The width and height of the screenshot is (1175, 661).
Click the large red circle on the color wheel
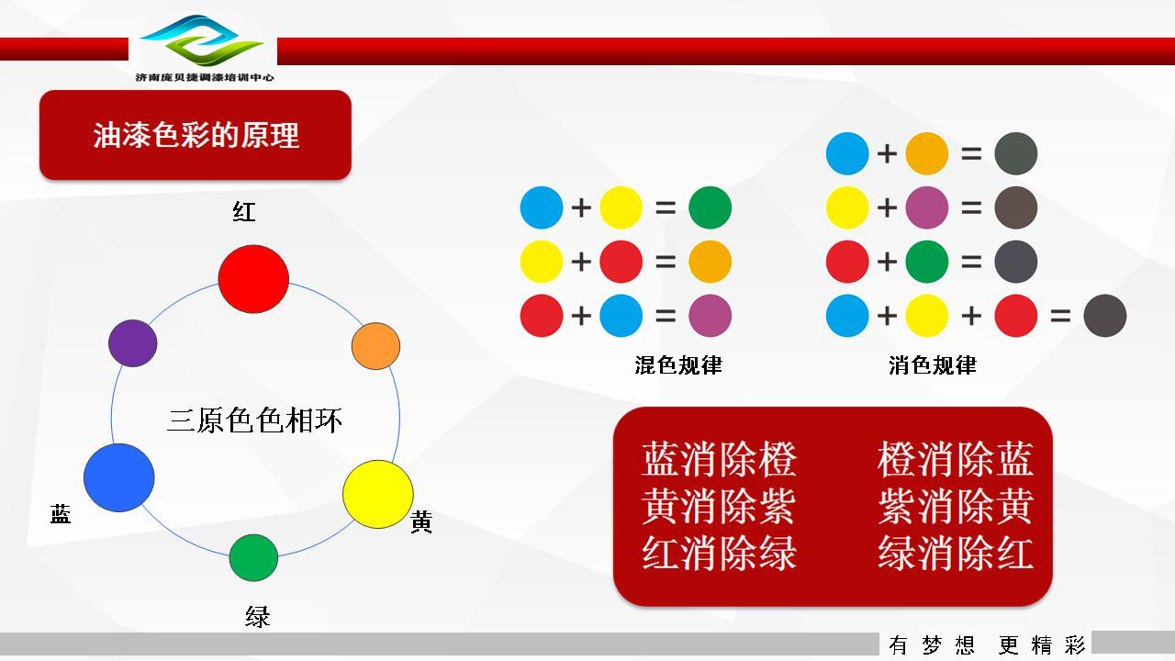pos(253,279)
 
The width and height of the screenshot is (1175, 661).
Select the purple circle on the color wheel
pos(133,343)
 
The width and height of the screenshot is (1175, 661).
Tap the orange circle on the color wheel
pos(375,346)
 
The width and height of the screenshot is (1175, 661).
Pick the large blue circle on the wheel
pos(119,477)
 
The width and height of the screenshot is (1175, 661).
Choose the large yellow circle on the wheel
pos(378,494)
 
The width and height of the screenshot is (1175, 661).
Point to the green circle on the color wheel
pos(253,557)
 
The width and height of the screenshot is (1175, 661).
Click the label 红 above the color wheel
pos(244,212)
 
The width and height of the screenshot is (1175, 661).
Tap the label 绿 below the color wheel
pos(258,617)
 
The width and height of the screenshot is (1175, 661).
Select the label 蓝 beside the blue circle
pos(61,513)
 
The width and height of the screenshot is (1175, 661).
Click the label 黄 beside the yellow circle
pos(421,521)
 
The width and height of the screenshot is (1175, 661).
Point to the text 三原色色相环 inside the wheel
pos(254,420)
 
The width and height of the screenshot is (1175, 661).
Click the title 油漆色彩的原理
pos(196,135)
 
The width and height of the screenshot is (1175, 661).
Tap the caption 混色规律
pos(678,365)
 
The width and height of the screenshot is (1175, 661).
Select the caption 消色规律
pos(933,365)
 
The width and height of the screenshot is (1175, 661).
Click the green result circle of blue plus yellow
pos(710,207)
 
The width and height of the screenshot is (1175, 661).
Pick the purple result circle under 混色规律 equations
pos(710,315)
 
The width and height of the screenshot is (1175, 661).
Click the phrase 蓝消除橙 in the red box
pos(719,460)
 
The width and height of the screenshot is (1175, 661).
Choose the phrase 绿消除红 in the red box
pos(956,553)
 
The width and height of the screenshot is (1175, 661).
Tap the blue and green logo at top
pos(202,40)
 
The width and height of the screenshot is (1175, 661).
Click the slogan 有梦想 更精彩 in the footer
pos(987,645)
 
